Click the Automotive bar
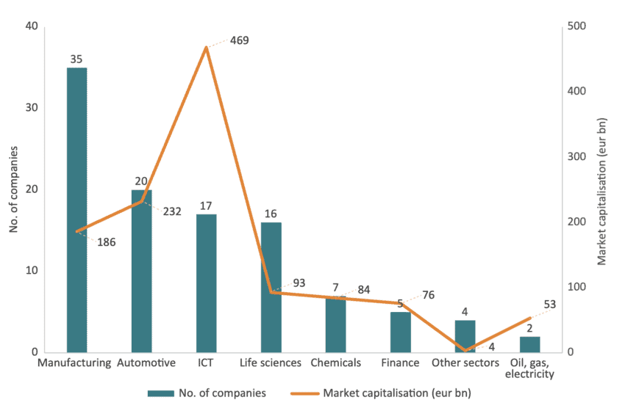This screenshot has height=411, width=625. click(141, 271)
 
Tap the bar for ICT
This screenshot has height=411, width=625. click(206, 283)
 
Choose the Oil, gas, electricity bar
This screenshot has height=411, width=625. click(529, 344)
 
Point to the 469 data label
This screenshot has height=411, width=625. click(240, 40)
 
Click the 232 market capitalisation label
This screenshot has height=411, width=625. click(171, 212)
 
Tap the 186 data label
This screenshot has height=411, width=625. click(106, 241)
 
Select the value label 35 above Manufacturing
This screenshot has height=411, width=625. click(76, 59)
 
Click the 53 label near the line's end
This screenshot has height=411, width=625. click(550, 305)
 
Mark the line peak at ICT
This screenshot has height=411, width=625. click(206, 47)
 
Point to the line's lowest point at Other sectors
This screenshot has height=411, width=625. click(465, 350)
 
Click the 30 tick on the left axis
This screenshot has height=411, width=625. click(33, 108)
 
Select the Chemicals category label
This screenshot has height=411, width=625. click(335, 363)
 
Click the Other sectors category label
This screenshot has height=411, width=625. click(465, 363)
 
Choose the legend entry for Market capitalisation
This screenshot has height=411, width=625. click(397, 393)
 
